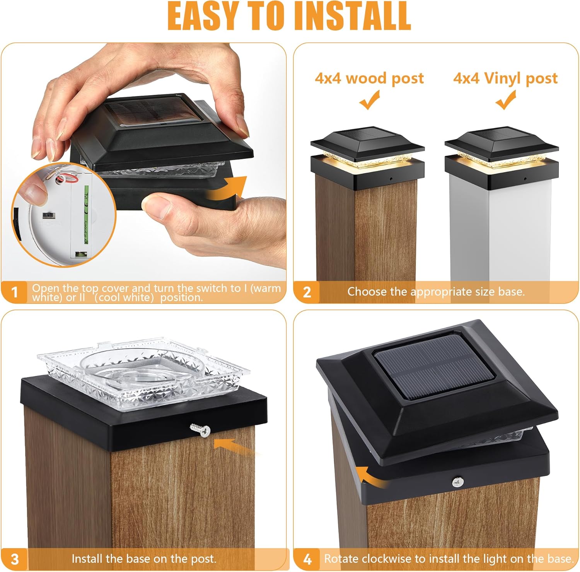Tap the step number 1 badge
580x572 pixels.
click(x=15, y=292)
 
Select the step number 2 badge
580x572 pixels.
click(x=307, y=292)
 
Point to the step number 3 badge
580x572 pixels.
click(x=15, y=559)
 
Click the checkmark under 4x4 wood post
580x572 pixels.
click(x=370, y=100)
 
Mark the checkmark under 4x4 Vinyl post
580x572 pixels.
click(x=506, y=100)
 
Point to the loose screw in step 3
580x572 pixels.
click(x=200, y=430)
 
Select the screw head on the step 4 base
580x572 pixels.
click(x=457, y=482)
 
